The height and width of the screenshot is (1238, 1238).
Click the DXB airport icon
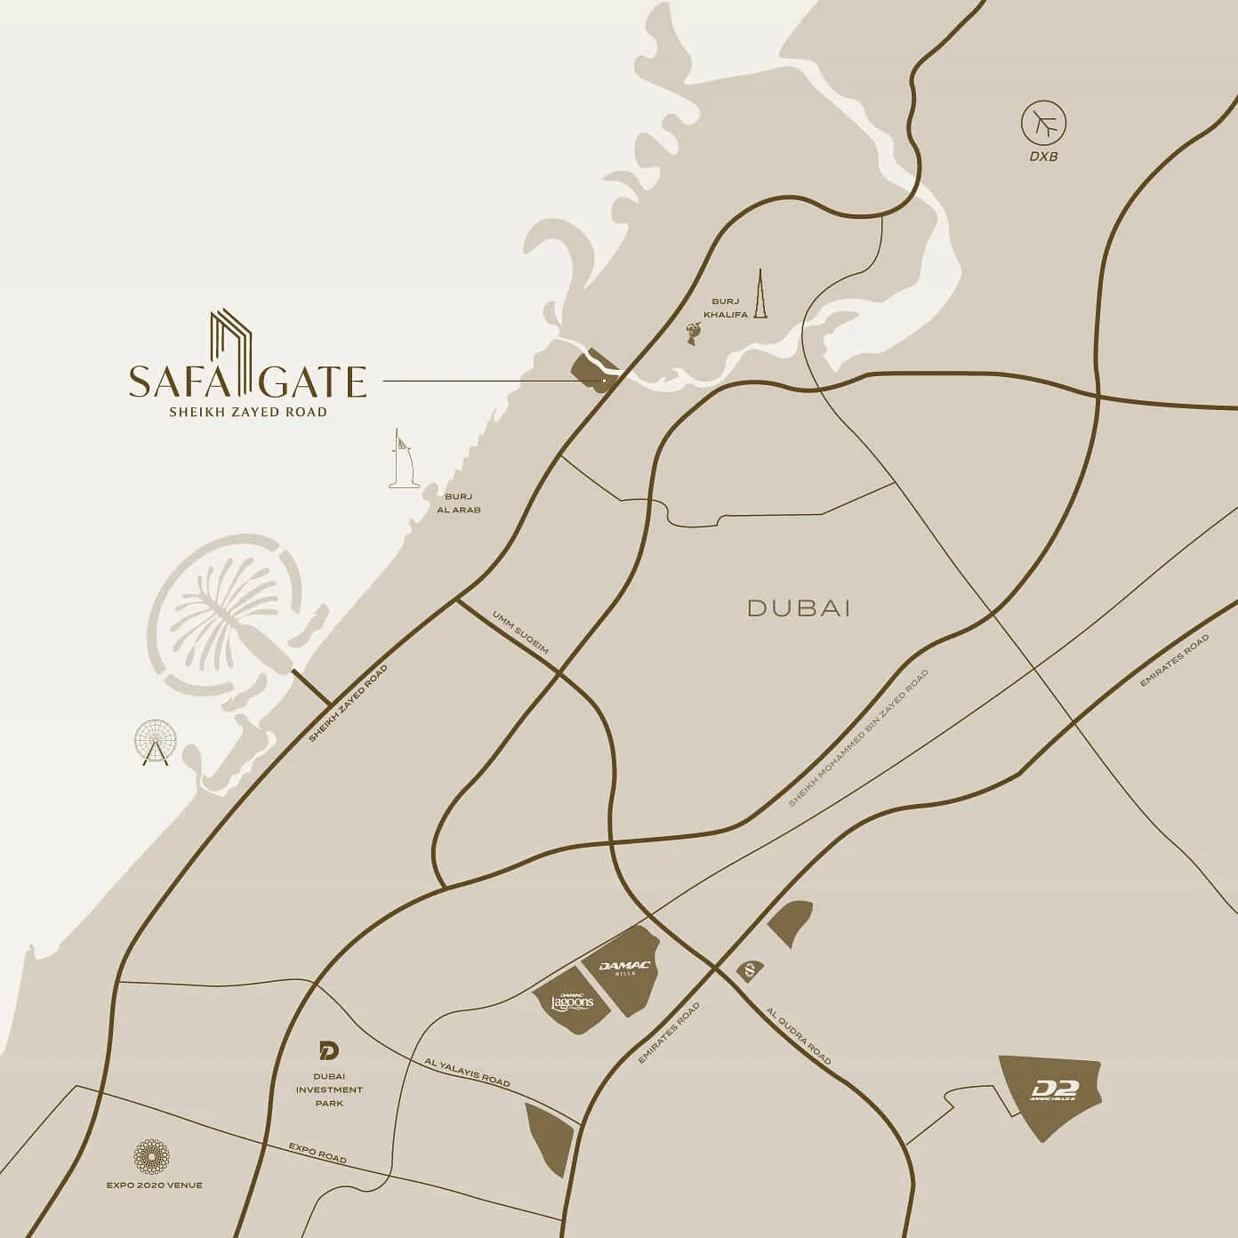click(x=1044, y=125)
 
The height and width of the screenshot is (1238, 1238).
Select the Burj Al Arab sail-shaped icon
click(x=402, y=459)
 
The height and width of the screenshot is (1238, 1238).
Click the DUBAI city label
click(x=800, y=608)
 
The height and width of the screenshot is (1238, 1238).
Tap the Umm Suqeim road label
click(x=520, y=632)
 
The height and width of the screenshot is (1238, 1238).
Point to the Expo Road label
click(x=318, y=1154)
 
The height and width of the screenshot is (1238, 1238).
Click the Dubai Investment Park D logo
click(x=329, y=1052)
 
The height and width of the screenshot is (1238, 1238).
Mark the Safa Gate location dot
click(x=604, y=381)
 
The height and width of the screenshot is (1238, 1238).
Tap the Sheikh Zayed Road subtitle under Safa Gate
click(x=247, y=412)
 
